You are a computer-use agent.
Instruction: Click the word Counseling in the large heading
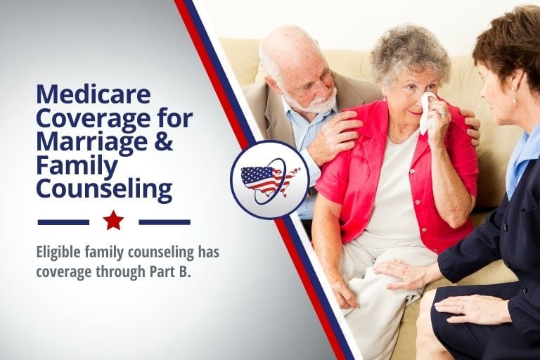coord(104,188)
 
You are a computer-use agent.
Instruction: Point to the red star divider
coord(113,221)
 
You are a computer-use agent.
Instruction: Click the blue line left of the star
coord(63,222)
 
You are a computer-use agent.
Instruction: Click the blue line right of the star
coord(165,222)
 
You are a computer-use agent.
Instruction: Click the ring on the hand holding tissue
coord(444,113)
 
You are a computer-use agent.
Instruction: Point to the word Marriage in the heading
coord(94,142)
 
